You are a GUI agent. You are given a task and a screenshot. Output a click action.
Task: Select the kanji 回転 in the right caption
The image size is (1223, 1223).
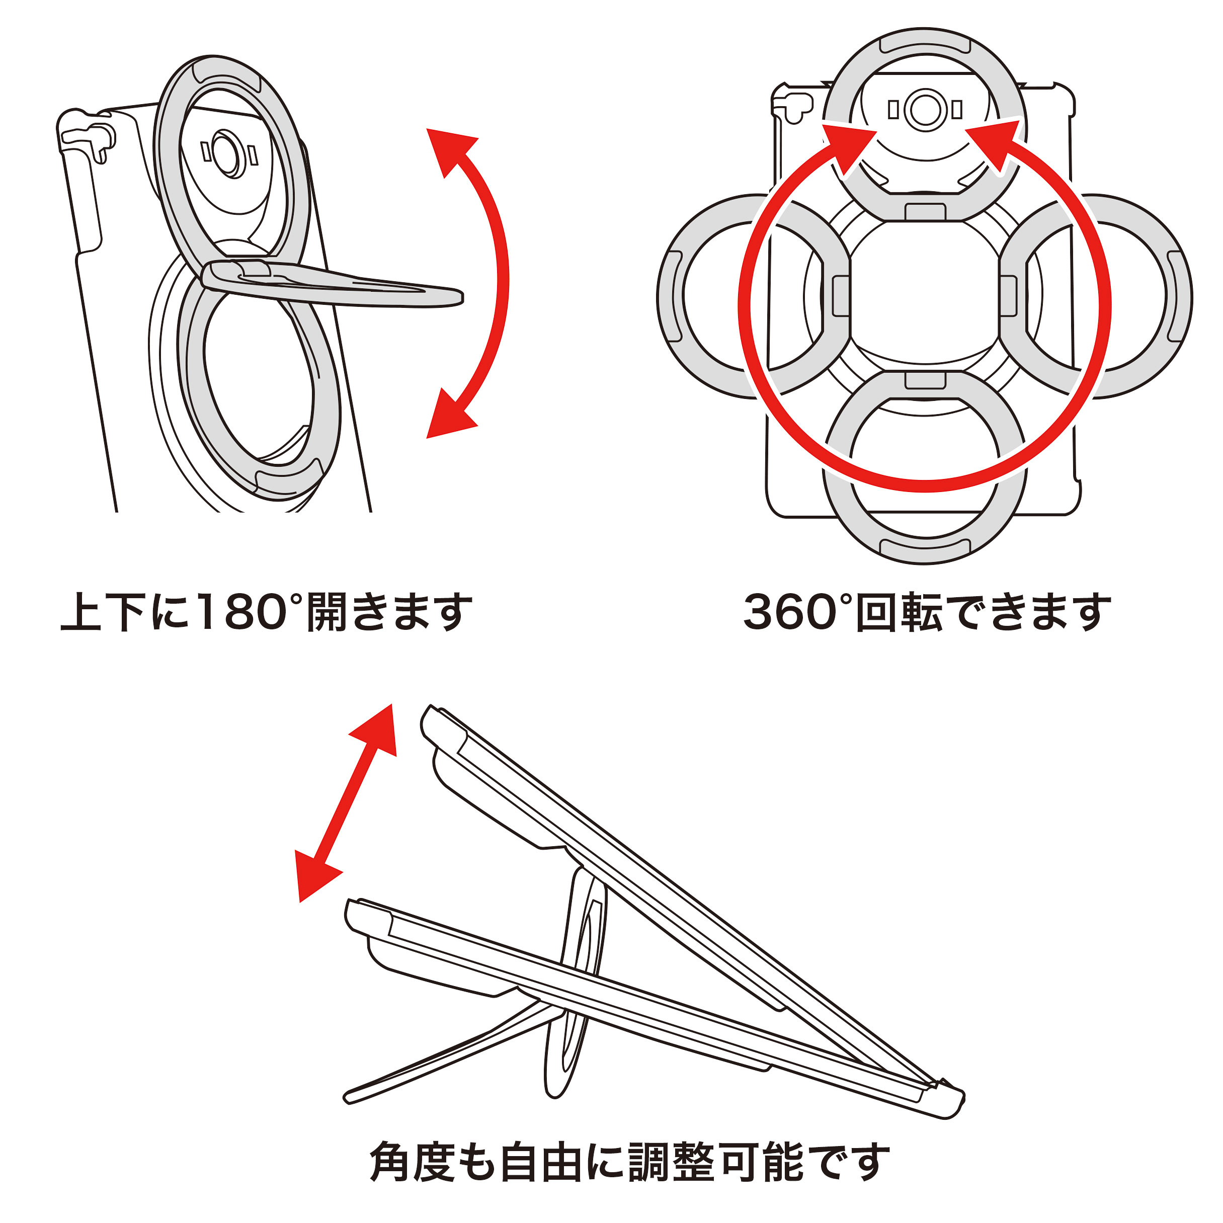900,612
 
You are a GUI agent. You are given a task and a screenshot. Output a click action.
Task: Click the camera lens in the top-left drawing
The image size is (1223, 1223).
225,154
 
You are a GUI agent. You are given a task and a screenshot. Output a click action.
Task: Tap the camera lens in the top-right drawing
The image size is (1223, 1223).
925,110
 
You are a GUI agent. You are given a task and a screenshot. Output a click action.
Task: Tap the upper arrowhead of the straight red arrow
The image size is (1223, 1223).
377,731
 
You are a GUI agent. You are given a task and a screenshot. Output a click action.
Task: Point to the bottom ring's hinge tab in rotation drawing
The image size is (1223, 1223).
925,380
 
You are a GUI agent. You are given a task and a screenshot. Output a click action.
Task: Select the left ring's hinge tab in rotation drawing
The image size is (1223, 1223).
841,296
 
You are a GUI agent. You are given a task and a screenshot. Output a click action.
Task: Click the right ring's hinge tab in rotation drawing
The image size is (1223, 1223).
1008,296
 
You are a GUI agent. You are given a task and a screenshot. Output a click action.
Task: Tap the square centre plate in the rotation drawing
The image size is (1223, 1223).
925,296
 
